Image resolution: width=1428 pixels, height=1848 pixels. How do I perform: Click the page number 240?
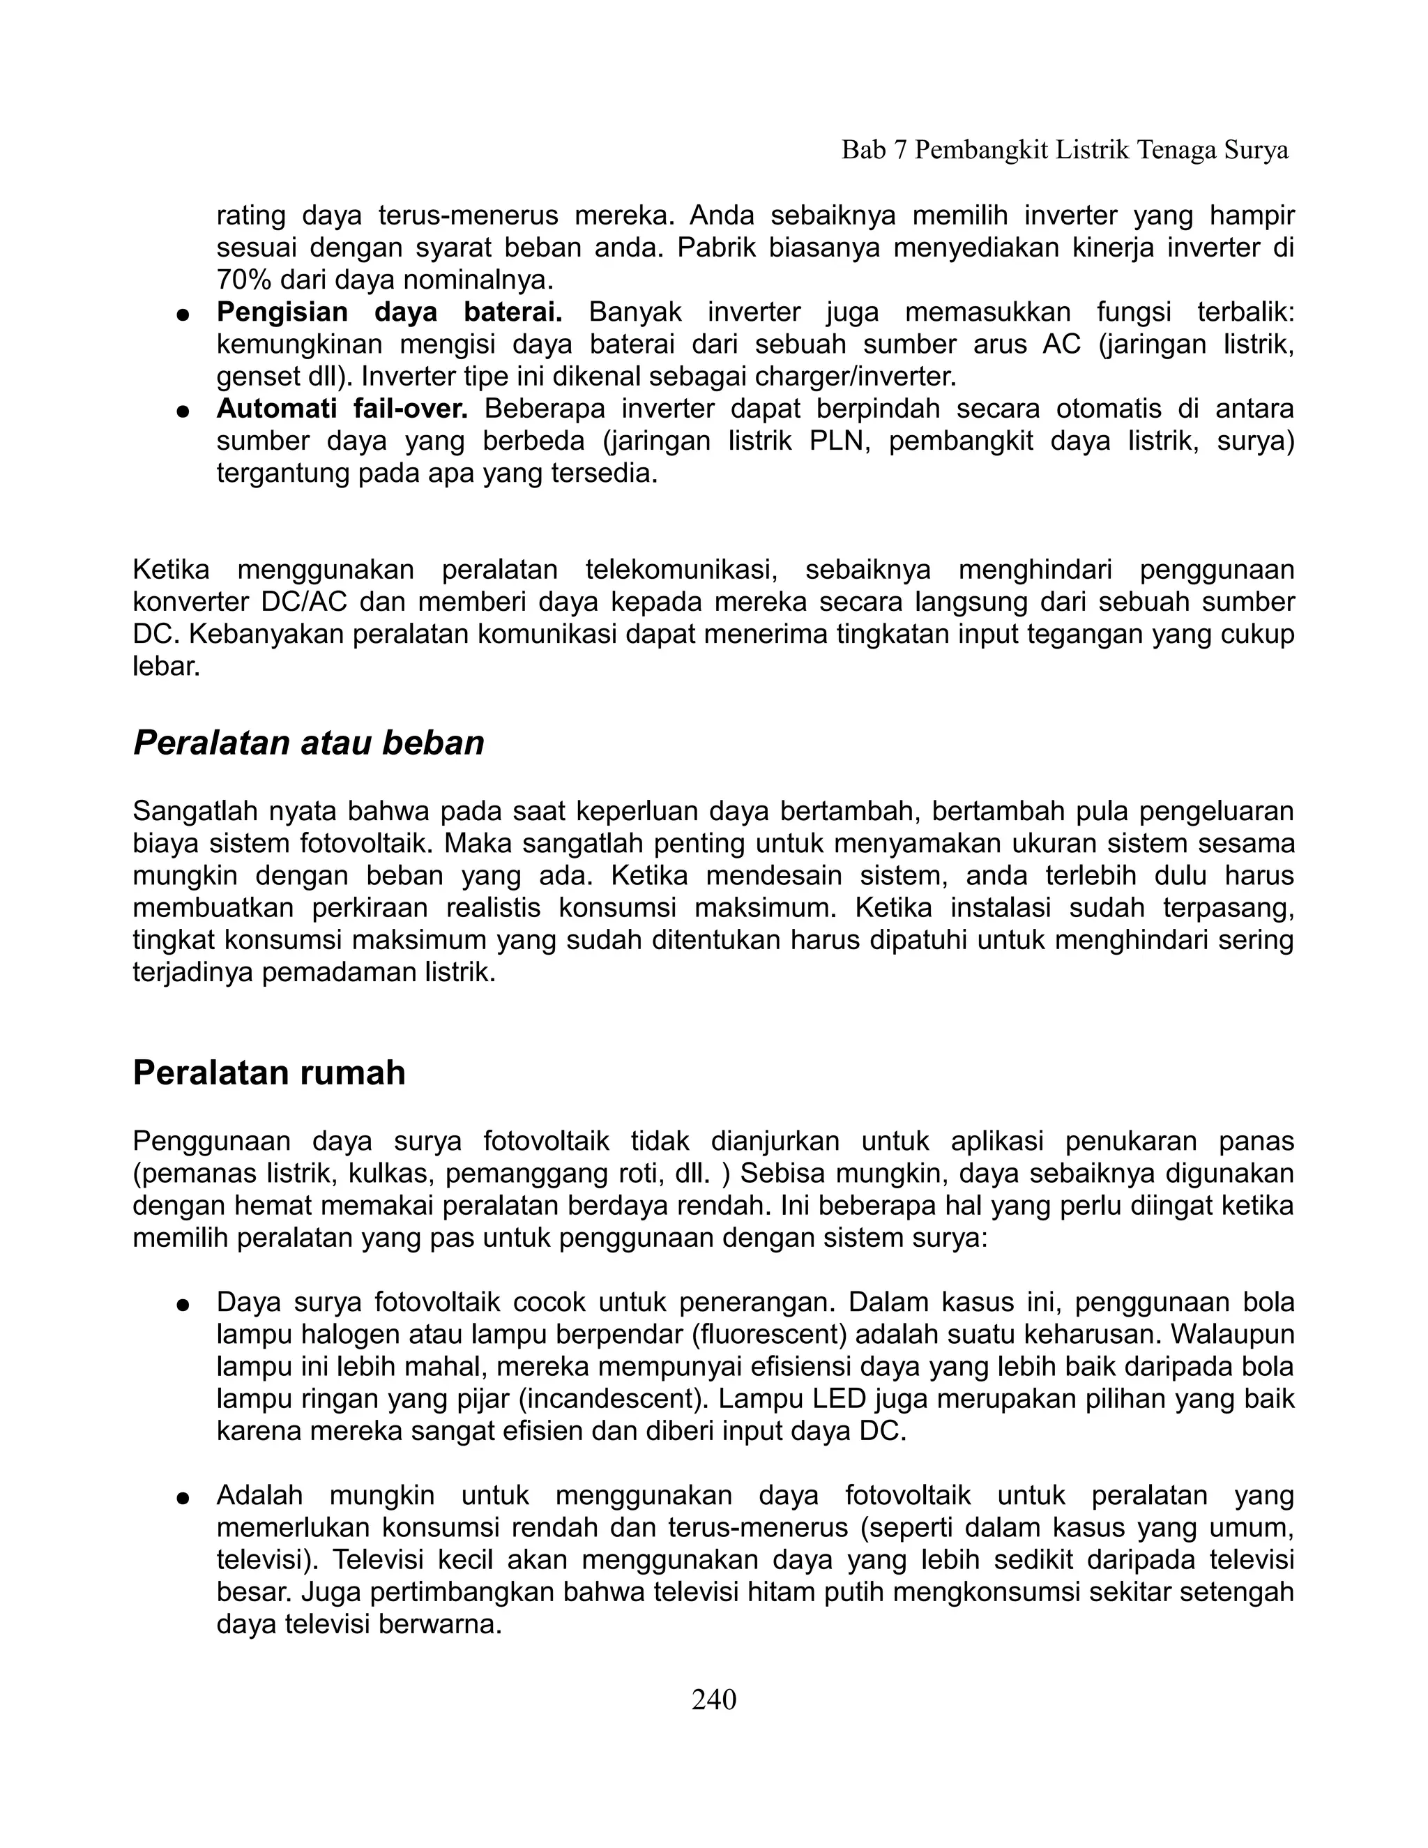713,1699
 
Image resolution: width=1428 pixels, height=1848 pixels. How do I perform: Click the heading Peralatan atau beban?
309,743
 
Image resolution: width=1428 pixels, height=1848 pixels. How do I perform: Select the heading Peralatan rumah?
269,1072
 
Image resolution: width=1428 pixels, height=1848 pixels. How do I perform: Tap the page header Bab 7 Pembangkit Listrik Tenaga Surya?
1064,150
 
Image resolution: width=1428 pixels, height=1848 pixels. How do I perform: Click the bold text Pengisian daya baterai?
389,312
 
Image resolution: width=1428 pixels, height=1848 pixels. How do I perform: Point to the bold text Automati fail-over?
342,409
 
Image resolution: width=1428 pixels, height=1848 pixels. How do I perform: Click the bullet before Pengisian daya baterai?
182,315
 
